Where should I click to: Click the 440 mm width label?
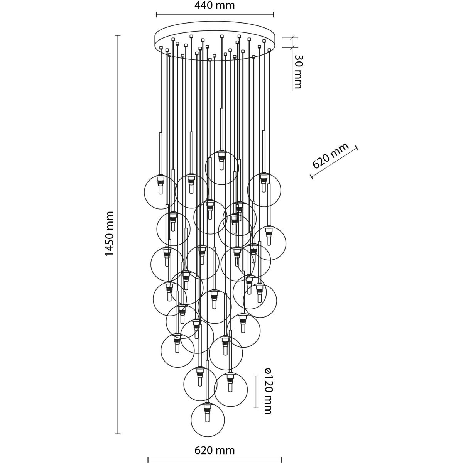tap(215, 6)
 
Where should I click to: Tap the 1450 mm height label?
tap(110, 234)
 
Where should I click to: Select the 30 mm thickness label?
tap(297, 71)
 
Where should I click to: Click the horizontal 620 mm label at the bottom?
tap(215, 451)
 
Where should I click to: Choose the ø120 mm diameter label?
tap(268, 391)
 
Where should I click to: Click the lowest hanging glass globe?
tap(208, 420)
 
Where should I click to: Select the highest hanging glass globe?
tap(222, 167)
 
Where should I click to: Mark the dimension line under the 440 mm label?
tap(215, 15)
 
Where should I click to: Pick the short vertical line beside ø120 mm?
tap(256, 391)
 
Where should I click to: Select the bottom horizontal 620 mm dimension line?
tap(215, 460)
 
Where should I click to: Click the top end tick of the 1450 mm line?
tap(118, 35)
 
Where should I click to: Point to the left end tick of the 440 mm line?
tap(156, 15)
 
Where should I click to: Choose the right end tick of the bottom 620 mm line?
tap(282, 460)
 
